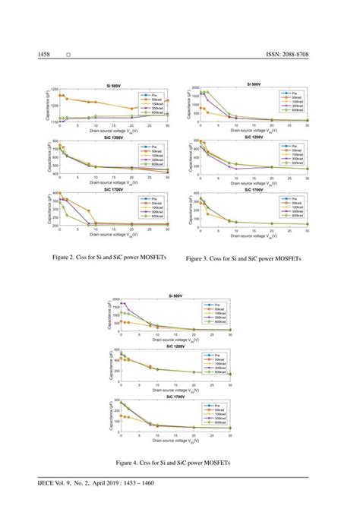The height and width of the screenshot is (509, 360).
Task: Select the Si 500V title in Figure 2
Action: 111,85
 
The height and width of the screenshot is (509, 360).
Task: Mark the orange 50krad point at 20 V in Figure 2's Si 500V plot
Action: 131,109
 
